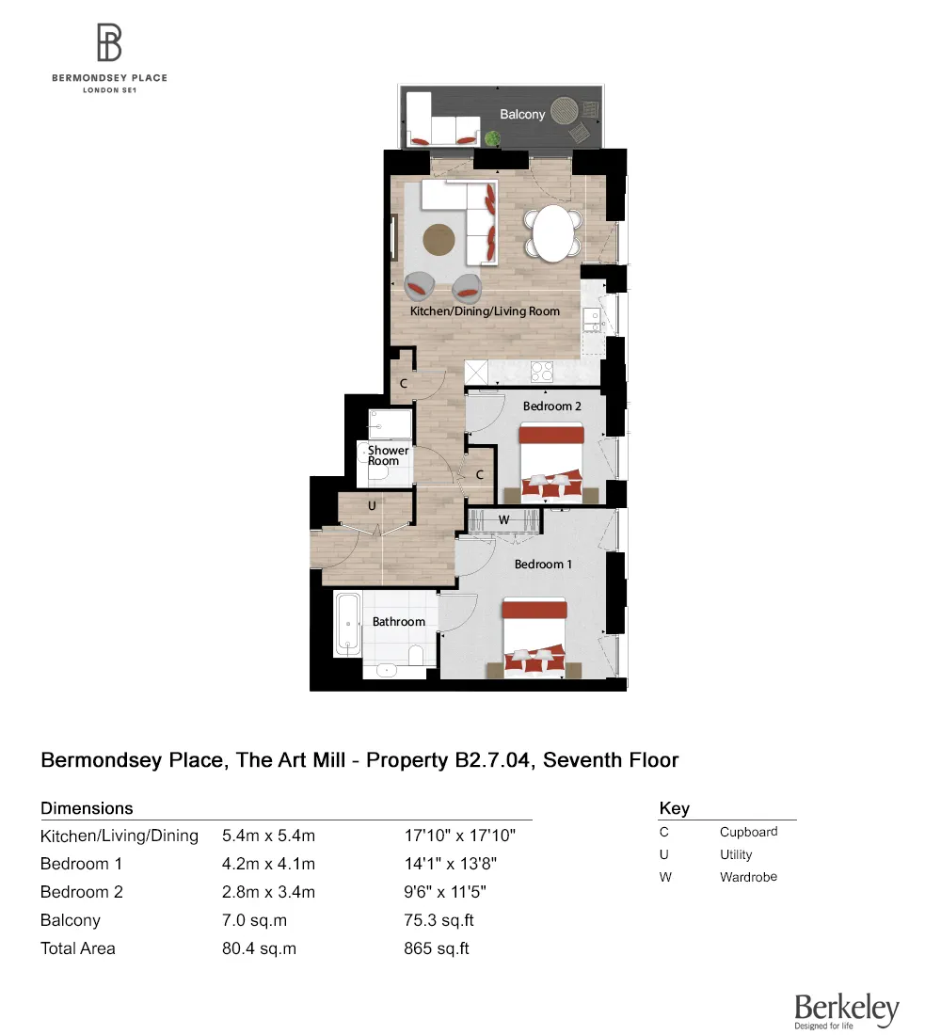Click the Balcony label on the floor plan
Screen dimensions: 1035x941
click(521, 114)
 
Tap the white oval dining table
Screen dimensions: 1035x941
click(552, 233)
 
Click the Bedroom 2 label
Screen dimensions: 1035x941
click(551, 406)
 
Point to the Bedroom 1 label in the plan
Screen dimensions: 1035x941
click(543, 564)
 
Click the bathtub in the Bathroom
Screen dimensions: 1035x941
click(348, 624)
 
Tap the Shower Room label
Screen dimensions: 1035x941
click(389, 455)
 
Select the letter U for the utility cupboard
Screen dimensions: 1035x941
click(372, 505)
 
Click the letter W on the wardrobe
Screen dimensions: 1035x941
click(503, 519)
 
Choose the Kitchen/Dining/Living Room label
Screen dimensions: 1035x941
click(485, 310)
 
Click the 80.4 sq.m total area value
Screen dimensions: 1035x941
click(259, 948)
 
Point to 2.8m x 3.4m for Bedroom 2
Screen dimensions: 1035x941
click(268, 892)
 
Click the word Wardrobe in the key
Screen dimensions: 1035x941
click(748, 877)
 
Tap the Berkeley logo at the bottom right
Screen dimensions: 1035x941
click(846, 1011)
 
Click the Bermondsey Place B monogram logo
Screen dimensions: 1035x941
click(109, 44)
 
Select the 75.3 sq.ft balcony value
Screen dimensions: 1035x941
click(436, 920)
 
